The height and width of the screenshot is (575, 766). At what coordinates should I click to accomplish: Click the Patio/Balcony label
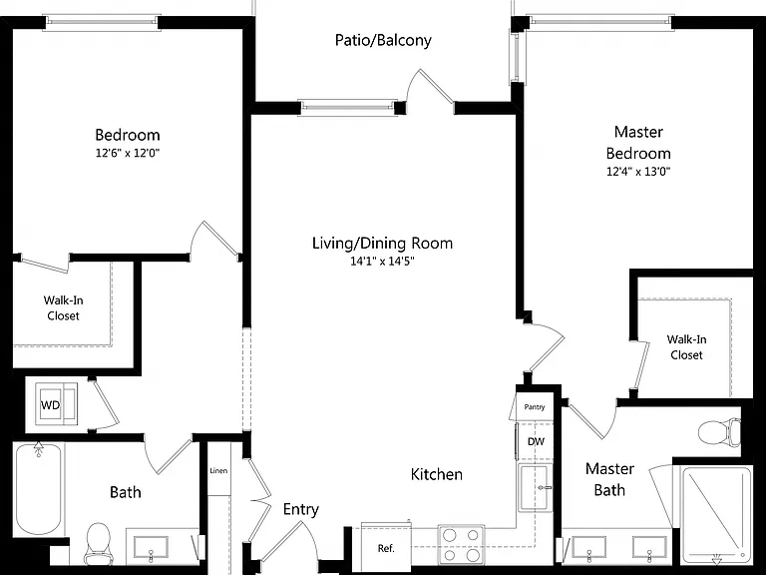383,40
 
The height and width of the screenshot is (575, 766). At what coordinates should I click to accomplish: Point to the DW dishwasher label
536,441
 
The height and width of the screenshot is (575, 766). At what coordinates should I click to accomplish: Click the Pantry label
534,407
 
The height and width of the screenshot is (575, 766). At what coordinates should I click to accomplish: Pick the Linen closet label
218,471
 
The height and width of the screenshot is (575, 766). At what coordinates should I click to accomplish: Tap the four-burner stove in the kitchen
461,545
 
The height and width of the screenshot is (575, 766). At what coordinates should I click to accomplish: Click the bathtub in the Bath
39,489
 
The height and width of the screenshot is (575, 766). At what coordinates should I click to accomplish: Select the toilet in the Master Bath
719,432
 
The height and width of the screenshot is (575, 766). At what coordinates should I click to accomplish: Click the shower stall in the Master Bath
716,515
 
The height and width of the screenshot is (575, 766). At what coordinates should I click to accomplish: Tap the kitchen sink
535,488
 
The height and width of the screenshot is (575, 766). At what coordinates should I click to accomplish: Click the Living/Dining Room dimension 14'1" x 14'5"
382,262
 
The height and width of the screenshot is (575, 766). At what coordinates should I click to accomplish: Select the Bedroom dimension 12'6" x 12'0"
128,153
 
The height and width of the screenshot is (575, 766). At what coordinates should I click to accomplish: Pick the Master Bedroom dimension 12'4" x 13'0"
638,172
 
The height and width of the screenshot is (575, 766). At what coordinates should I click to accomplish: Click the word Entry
301,510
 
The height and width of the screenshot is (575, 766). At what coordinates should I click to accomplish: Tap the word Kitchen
436,474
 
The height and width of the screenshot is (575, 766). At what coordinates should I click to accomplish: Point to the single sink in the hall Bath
151,548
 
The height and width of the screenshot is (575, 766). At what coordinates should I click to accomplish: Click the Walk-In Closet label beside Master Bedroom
686,347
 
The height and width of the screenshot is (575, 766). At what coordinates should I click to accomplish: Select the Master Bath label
609,479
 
